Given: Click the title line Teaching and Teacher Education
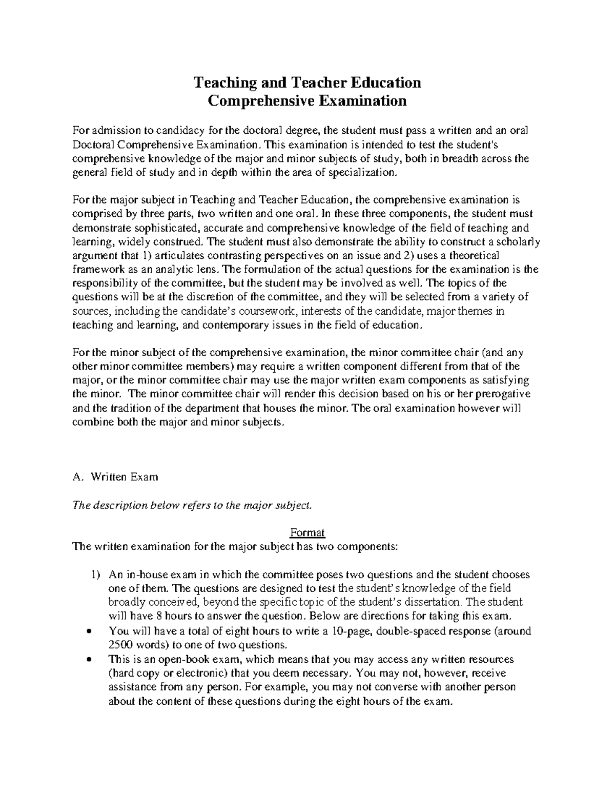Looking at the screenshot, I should tap(306, 82).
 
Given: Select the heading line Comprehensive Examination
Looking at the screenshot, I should tap(306, 100).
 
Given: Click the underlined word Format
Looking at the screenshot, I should tap(307, 533).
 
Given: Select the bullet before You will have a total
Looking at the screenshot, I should tap(90, 631).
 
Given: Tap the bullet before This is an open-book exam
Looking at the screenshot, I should tap(90, 660).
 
